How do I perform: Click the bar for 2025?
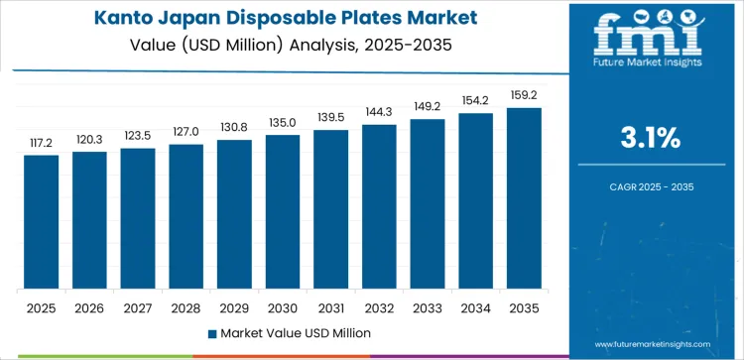click(42, 222)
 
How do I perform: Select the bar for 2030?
click(283, 212)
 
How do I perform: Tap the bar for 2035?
click(524, 198)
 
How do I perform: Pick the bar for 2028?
click(186, 217)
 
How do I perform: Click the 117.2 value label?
click(42, 143)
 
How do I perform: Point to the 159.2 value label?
click(524, 95)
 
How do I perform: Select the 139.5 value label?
click(330, 118)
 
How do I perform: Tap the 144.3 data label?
click(379, 112)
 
